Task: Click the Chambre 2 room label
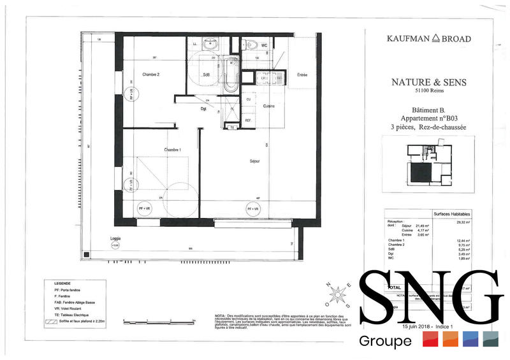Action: point(150,75)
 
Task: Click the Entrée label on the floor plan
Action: point(302,75)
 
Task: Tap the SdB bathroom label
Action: point(207,75)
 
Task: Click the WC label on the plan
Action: point(264,45)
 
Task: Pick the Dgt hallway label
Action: point(203,108)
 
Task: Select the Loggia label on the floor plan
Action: point(115,238)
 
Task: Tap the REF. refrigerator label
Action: point(248,120)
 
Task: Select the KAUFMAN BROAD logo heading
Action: point(428,38)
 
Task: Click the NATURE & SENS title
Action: point(428,82)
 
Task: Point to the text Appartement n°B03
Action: point(428,119)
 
